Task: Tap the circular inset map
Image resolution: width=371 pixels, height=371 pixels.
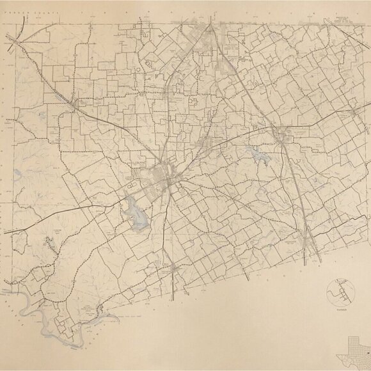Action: [x=340, y=292]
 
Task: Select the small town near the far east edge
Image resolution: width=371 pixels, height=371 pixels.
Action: [x=349, y=118]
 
